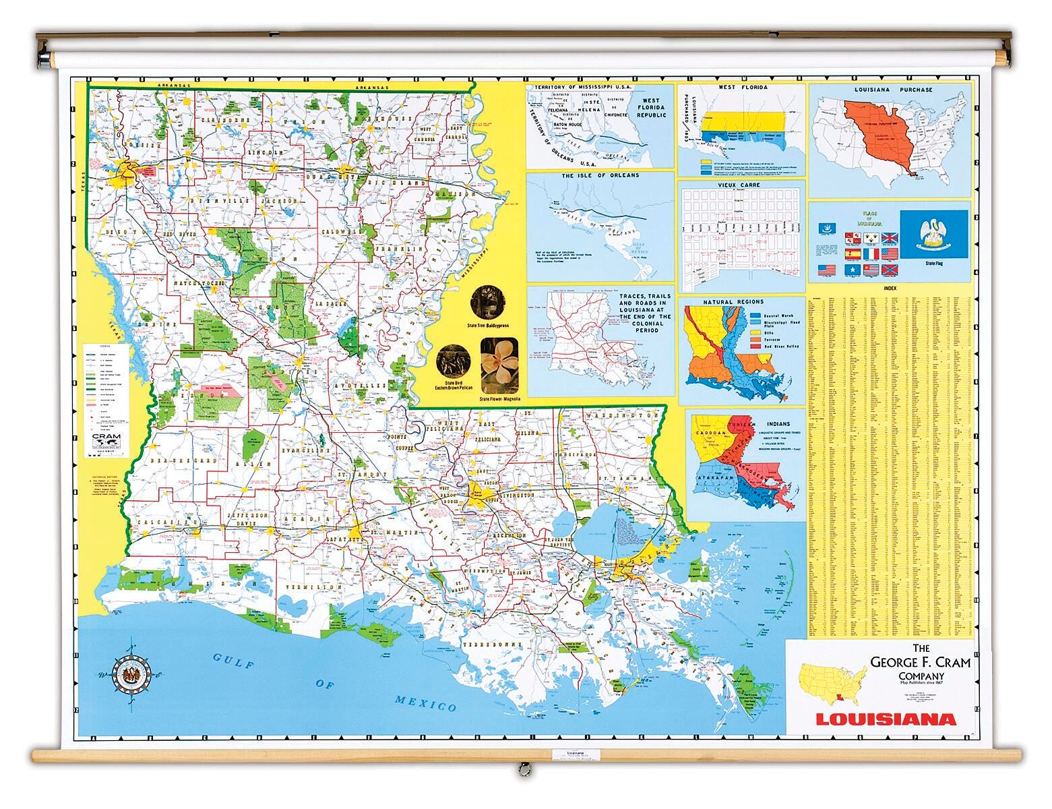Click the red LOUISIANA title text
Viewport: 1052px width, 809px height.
tap(886, 719)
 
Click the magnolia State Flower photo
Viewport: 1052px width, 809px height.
tap(499, 365)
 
